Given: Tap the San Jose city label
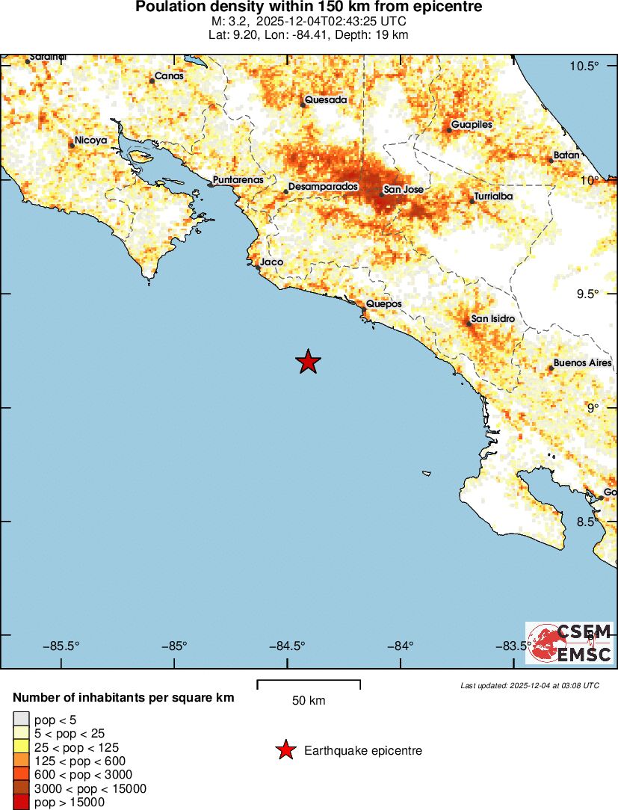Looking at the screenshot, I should click(404, 190).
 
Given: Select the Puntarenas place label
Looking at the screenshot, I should click(238, 180).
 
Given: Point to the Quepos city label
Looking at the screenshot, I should click(384, 304).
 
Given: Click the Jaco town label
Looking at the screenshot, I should click(271, 263).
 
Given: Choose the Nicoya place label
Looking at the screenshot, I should click(91, 140).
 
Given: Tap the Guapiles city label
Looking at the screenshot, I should click(472, 125).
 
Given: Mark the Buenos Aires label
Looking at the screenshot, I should click(582, 363).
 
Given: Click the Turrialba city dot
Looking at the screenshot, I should click(472, 201).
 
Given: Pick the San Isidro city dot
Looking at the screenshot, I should click(469, 324).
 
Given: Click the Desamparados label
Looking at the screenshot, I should click(324, 186).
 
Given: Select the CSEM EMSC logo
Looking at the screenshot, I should click(569, 643).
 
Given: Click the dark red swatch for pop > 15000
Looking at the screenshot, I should click(21, 803).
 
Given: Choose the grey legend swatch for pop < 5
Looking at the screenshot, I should click(21, 719).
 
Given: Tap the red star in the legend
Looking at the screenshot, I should click(285, 750).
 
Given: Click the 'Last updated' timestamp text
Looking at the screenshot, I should click(530, 685).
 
